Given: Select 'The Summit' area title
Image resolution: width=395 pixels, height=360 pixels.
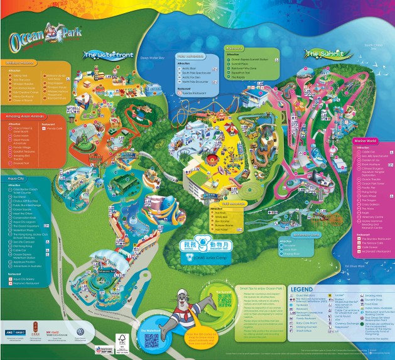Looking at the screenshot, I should coord(323,54).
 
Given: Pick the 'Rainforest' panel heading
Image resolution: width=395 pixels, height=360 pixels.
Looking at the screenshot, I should coord(234,48).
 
